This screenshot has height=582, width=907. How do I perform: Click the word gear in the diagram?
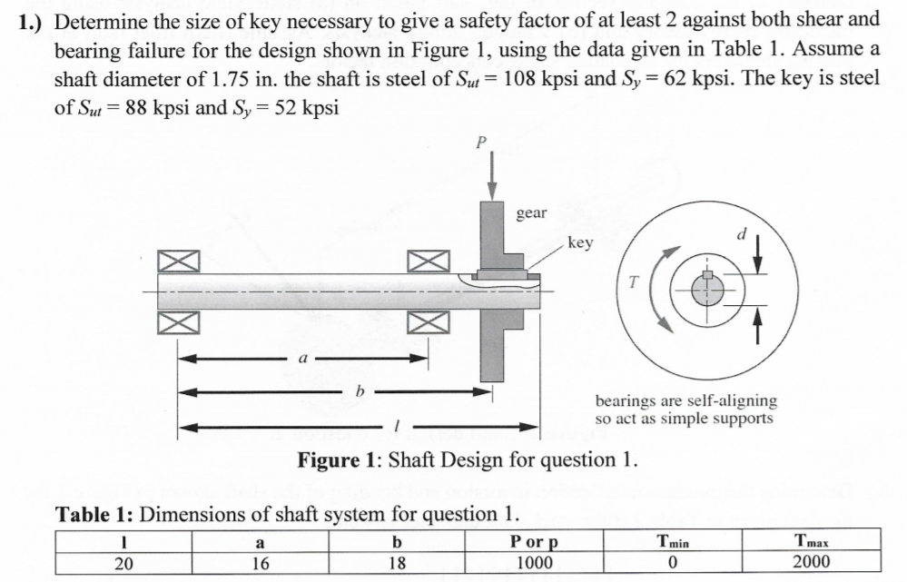pyautogui.click(x=531, y=212)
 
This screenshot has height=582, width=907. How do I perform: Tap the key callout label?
pyautogui.click(x=579, y=242)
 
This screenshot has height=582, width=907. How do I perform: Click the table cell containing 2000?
pyautogui.click(x=811, y=561)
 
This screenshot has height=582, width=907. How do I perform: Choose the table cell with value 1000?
pyautogui.click(x=534, y=561)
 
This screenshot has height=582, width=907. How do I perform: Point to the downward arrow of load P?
pyautogui.click(x=493, y=177)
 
